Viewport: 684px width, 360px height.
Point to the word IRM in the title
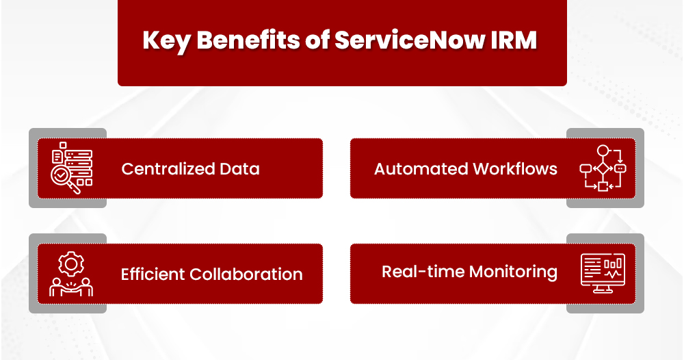tap(514, 40)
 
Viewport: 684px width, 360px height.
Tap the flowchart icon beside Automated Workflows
tap(602, 168)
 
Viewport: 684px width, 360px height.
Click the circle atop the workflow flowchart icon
tap(603, 151)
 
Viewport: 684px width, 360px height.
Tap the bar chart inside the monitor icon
tap(613, 263)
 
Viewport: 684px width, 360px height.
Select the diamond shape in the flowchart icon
tap(603, 168)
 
